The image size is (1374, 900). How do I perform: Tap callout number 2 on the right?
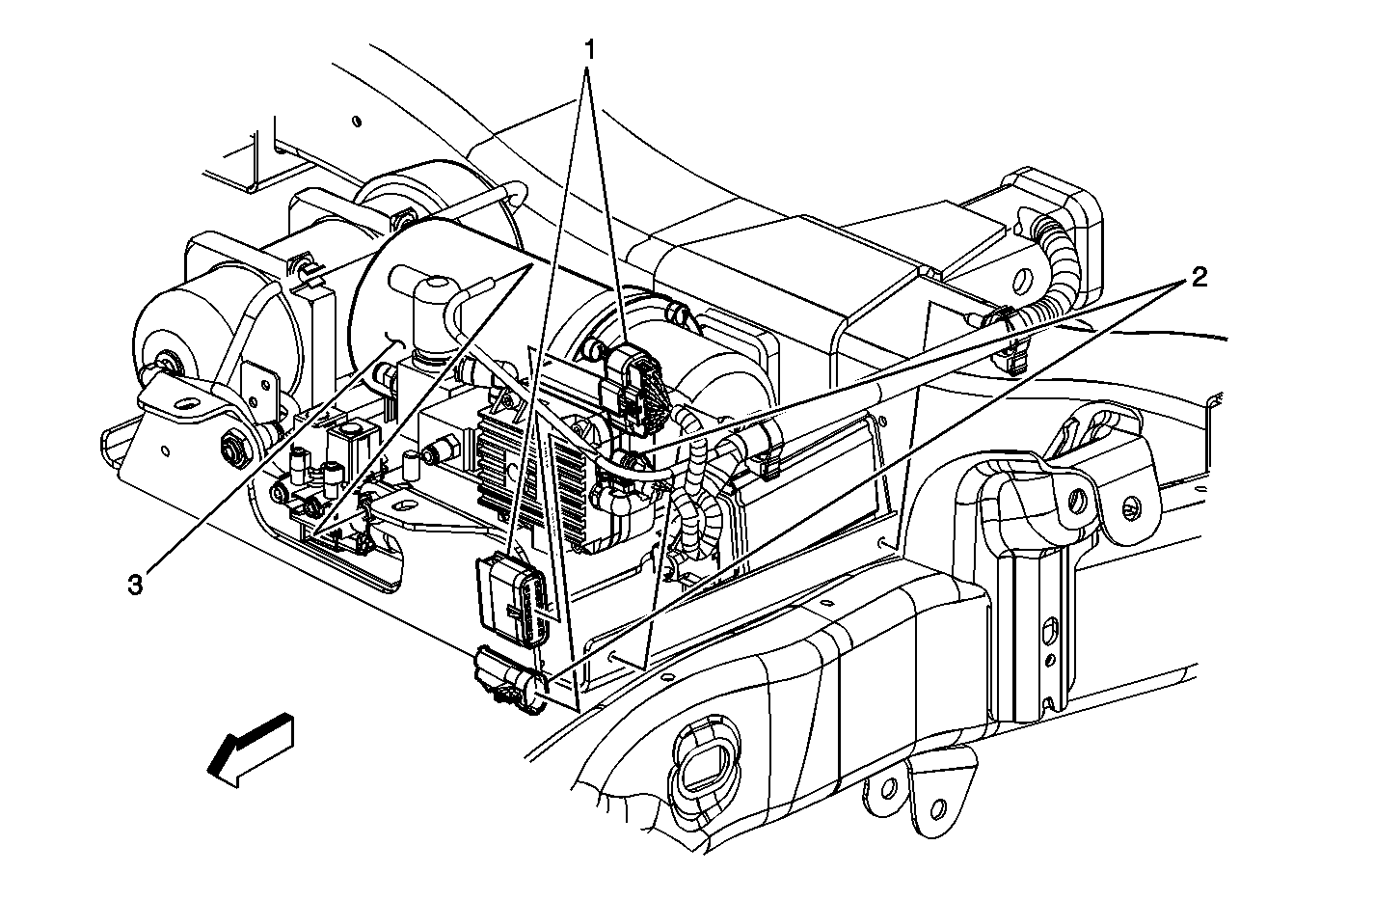(x=1198, y=279)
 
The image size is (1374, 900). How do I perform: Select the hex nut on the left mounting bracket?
(x=232, y=446)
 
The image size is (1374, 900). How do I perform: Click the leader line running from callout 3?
(x=260, y=463)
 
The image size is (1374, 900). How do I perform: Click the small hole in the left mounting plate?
(x=167, y=450)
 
